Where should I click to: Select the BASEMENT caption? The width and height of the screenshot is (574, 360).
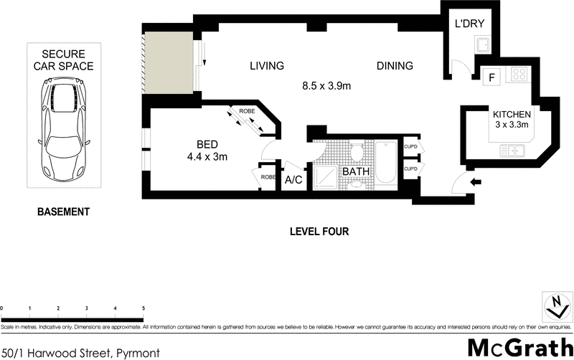tap(64, 212)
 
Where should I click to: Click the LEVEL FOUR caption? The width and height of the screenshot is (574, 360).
tap(319, 232)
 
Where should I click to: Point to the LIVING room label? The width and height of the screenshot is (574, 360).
tap(267, 66)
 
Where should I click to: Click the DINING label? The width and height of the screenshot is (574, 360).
tap(395, 66)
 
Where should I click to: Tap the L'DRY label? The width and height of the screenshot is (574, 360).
tap(470, 24)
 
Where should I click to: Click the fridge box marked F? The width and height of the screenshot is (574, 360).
tap(492, 77)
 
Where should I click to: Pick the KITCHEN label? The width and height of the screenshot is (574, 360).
tap(511, 115)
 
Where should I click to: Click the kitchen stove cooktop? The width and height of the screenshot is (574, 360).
tap(518, 75)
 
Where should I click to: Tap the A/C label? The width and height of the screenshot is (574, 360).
tap(294, 180)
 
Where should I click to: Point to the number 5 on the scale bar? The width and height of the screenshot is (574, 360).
tap(143, 308)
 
